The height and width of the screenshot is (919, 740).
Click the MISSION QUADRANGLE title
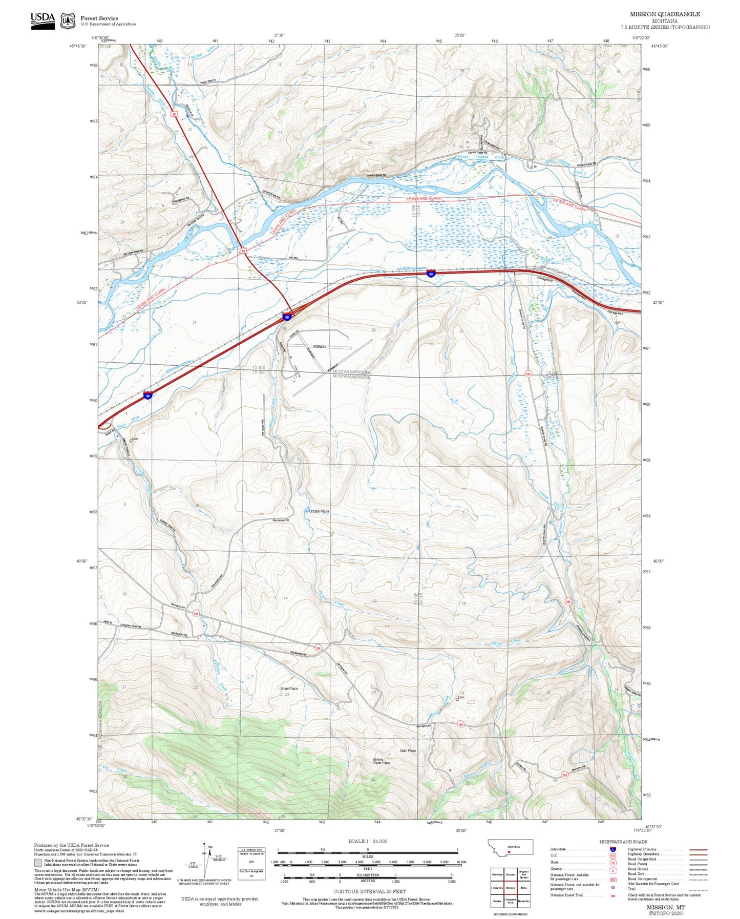point(665,14)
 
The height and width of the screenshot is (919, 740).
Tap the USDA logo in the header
point(43,20)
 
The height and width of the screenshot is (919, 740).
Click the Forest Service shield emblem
point(68,21)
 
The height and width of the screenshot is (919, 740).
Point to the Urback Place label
point(319,511)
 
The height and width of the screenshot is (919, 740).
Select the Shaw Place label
point(289,688)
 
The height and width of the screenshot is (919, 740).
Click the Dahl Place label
point(408,751)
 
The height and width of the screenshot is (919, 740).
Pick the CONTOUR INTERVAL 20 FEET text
point(369,891)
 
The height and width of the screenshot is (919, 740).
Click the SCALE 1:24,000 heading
point(368,841)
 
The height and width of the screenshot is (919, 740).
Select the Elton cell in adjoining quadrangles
point(523,887)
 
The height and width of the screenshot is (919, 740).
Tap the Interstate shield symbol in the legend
point(613,849)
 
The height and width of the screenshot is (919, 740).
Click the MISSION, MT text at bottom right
point(665,907)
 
